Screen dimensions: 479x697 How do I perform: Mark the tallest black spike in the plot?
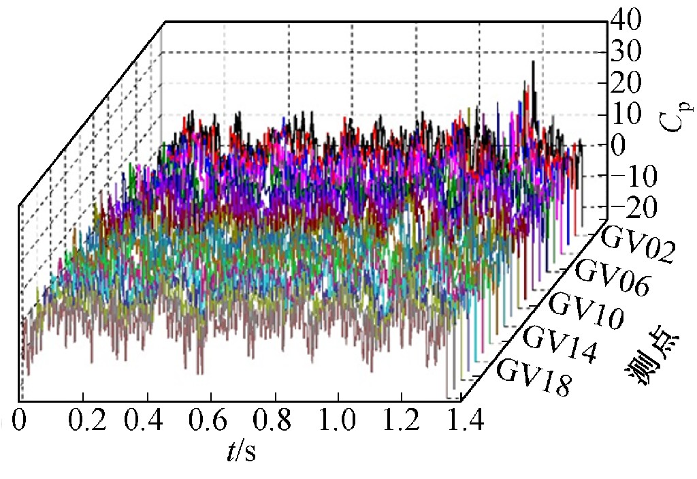(533, 63)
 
